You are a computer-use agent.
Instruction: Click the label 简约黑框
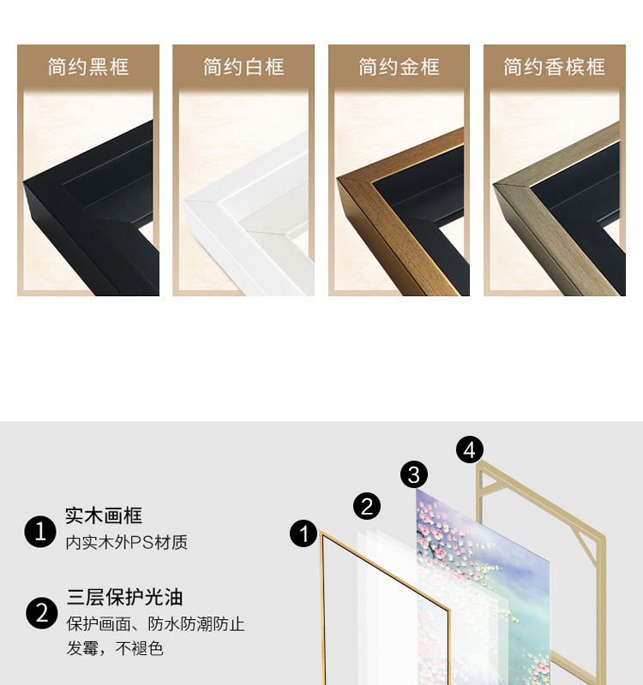click(x=88, y=67)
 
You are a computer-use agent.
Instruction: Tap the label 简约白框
click(x=243, y=67)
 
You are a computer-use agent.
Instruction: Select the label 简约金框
click(x=399, y=67)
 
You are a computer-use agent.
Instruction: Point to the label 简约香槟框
click(x=554, y=67)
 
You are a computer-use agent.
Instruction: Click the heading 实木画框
click(x=104, y=515)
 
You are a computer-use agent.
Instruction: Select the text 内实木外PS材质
click(x=126, y=543)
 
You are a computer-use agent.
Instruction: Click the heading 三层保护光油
click(x=124, y=598)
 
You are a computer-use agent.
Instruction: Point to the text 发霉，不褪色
click(x=115, y=649)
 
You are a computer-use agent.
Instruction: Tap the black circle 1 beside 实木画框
click(x=40, y=532)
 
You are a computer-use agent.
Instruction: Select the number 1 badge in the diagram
click(x=303, y=533)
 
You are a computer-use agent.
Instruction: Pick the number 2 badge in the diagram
click(x=367, y=506)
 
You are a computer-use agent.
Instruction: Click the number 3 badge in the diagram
click(x=414, y=474)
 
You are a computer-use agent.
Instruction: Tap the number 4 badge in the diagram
click(x=470, y=449)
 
